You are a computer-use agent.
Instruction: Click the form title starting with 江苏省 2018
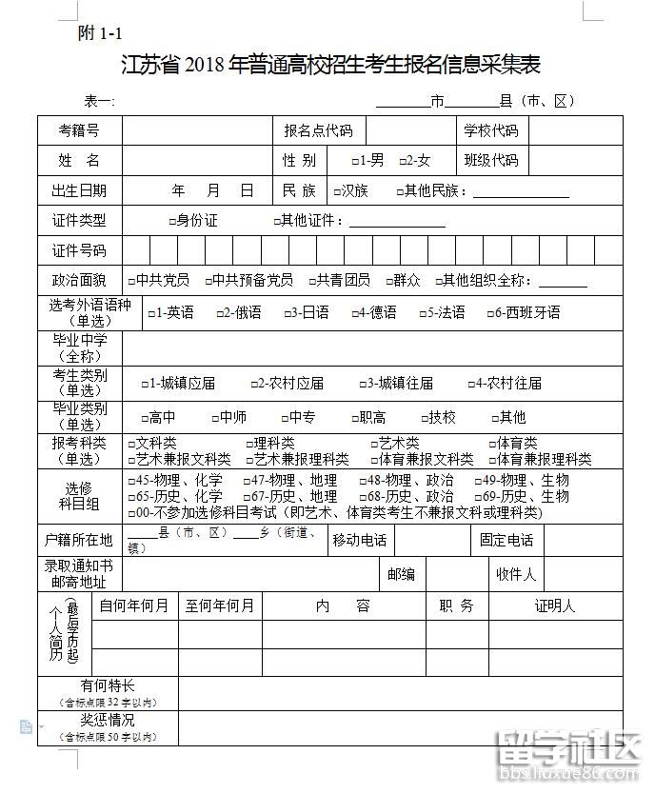330,65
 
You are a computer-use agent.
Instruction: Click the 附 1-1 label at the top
100,33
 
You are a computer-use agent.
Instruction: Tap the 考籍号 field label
79,130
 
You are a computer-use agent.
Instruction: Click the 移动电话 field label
359,540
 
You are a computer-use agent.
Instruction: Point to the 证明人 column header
554,605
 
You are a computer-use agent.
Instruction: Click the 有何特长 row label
108,686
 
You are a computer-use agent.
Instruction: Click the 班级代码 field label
491,160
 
